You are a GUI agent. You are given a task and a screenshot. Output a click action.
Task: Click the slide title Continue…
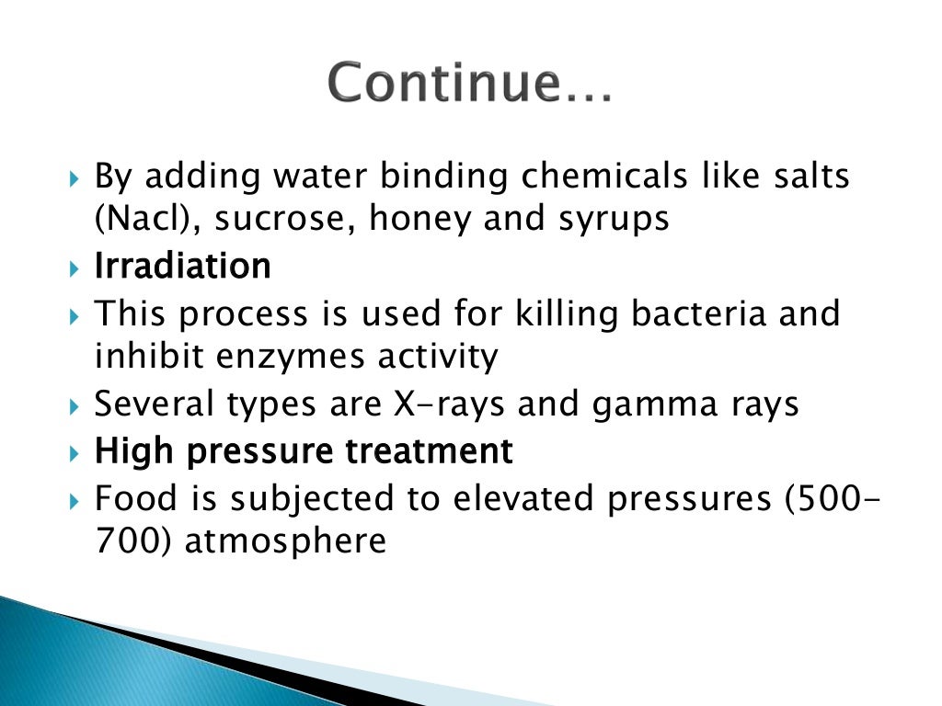[x=469, y=84]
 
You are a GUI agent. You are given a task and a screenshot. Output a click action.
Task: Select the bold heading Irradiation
[x=183, y=267]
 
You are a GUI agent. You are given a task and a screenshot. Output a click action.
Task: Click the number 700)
[x=134, y=541]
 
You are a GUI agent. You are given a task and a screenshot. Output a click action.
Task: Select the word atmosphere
[x=285, y=541]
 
